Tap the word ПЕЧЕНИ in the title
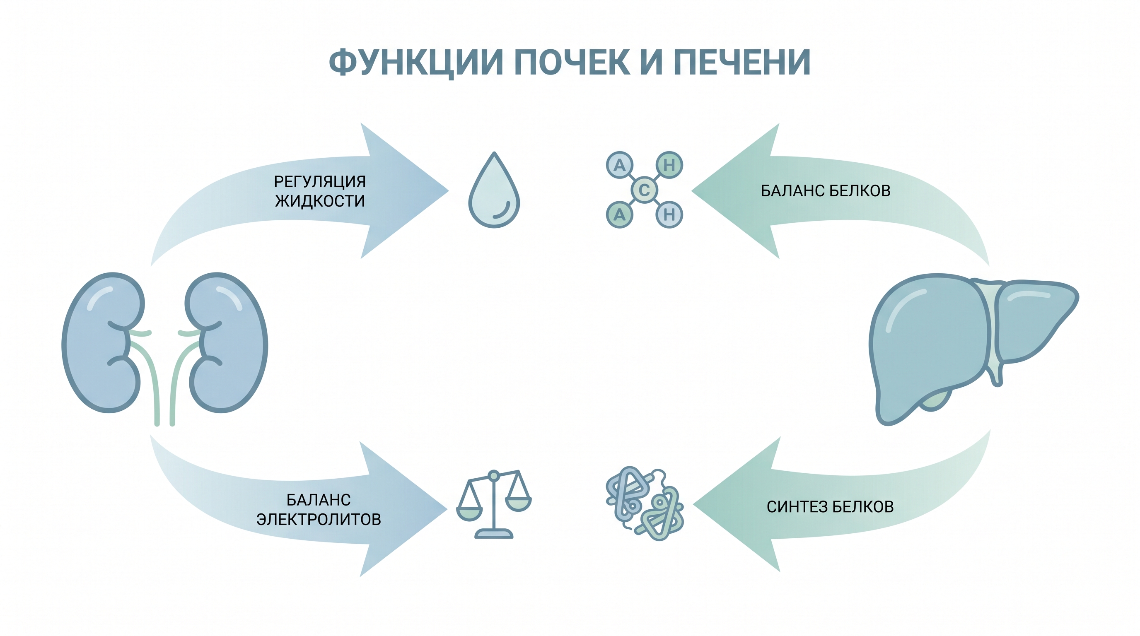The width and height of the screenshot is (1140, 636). [x=742, y=63]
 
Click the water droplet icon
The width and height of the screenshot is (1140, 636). [x=494, y=190]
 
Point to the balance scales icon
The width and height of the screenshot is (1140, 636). [x=494, y=504]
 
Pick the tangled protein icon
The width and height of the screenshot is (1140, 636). [x=644, y=503]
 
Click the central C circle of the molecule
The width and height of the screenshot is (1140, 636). [x=644, y=190]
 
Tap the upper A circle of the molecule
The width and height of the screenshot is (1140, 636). [x=620, y=165]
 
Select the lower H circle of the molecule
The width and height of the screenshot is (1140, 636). [x=669, y=214]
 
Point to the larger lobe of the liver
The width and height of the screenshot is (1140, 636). [x=929, y=345]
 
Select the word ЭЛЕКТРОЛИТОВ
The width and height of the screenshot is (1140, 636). [x=319, y=519]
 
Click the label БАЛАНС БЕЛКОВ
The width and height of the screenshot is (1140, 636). [x=825, y=190]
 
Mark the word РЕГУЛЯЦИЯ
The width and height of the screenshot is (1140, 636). [x=320, y=181]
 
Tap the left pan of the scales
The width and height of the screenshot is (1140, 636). [x=469, y=513]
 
